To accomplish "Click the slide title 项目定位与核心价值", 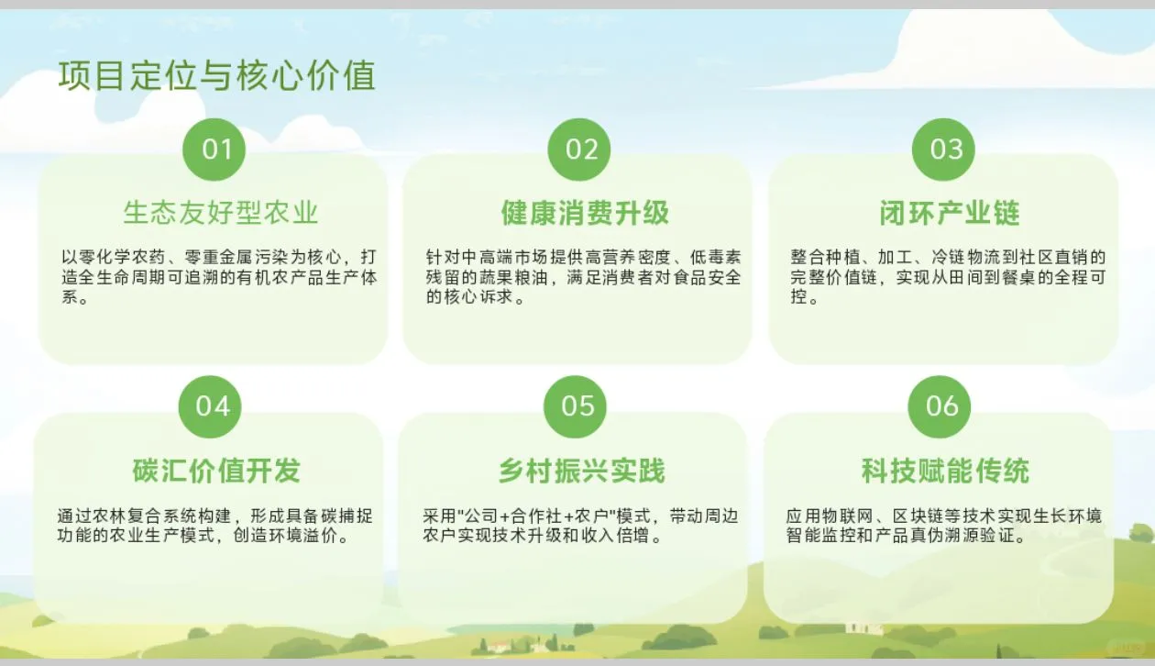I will [217, 76].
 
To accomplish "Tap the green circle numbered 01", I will [216, 150].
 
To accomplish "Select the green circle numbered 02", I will [579, 150].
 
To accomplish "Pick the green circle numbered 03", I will [944, 150].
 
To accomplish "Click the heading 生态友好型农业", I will [221, 214].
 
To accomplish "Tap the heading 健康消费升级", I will [585, 214].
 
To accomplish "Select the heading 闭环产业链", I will [950, 214].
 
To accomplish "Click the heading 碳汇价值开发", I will [216, 472].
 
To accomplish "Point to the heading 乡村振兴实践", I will [581, 472].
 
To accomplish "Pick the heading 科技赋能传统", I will [945, 472].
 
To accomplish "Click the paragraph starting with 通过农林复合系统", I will [213, 526].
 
